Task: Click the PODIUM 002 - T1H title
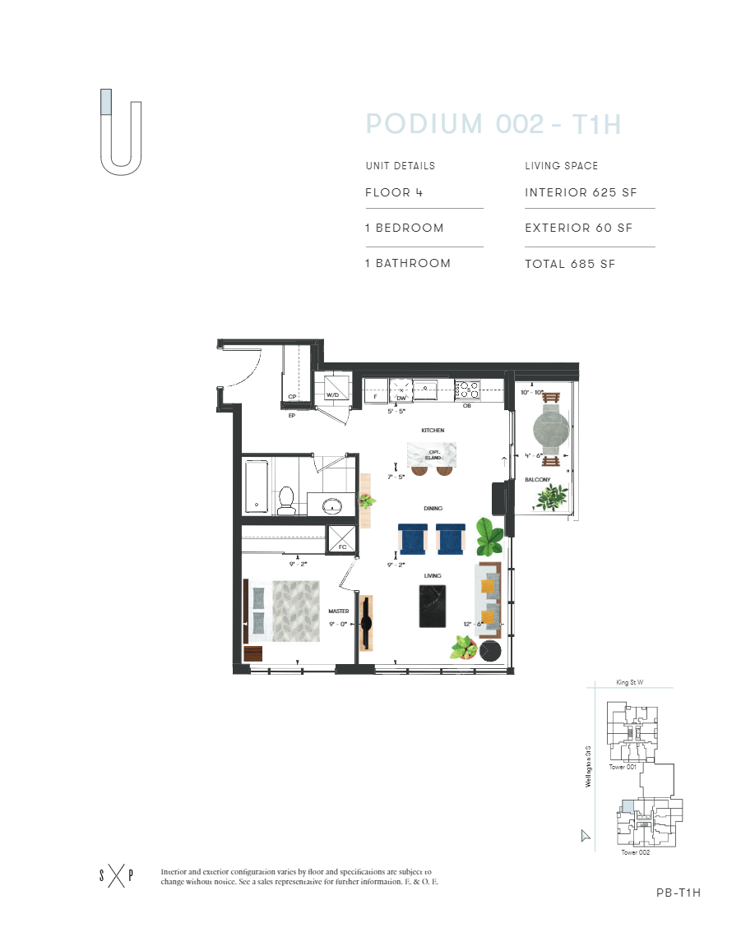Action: pyautogui.click(x=493, y=125)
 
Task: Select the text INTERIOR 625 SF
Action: pyautogui.click(x=581, y=193)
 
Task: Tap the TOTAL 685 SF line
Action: pyautogui.click(x=570, y=264)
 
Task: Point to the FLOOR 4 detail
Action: pyautogui.click(x=388, y=193)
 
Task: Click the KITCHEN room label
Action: pyautogui.click(x=433, y=431)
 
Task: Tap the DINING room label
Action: pyautogui.click(x=433, y=509)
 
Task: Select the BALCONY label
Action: pyautogui.click(x=537, y=480)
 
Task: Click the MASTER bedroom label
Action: pyautogui.click(x=339, y=611)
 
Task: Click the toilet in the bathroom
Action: pyautogui.click(x=286, y=500)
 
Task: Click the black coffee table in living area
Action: pyautogui.click(x=433, y=607)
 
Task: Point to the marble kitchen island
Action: pyautogui.click(x=432, y=453)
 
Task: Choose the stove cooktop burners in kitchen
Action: pyautogui.click(x=467, y=387)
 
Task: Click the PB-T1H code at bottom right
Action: pyautogui.click(x=679, y=893)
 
